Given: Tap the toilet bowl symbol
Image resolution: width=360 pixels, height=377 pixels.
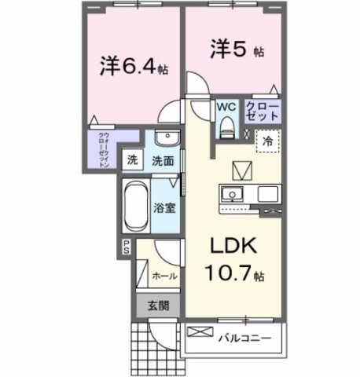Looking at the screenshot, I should coord(228,125).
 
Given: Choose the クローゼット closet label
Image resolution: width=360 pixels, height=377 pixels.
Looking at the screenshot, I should coord(259,111).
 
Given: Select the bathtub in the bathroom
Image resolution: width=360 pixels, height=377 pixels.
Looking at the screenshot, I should coord(135,206).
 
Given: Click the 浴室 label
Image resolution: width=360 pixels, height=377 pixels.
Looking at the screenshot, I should coord(163,209).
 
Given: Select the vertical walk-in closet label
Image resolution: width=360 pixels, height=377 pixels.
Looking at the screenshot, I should coord(104,148).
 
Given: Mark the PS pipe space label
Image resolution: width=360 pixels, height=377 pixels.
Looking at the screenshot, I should coord(125,247).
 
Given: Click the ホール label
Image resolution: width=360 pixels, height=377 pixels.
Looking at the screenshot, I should coord(163,276).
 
